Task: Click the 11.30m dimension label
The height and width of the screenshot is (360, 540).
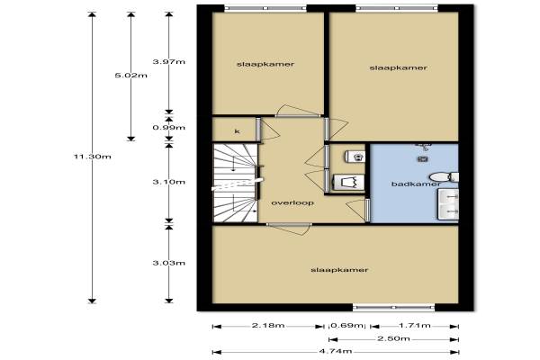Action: pos(93,157)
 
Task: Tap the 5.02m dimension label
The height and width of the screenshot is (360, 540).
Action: pos(130,76)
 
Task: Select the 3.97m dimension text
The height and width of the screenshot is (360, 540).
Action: pos(169,62)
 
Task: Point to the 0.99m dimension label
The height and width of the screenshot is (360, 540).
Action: pos(169,128)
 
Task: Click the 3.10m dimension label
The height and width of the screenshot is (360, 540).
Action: pos(169,182)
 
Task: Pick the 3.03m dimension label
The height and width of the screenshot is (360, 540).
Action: pos(169,263)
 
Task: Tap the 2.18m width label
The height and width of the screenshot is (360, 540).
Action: pos(268,325)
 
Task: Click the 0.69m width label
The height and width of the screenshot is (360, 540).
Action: pos(346,325)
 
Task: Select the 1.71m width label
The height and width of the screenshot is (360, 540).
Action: pos(415,325)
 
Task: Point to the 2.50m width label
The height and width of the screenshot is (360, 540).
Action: pos(393,338)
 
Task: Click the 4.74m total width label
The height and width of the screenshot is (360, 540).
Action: pos(336,351)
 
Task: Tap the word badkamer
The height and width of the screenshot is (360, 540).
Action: pos(416,184)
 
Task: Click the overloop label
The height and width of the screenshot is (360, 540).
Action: pos(292,202)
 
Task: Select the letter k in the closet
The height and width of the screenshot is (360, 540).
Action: pos(237,131)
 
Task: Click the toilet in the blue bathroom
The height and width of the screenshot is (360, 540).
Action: pos(444,177)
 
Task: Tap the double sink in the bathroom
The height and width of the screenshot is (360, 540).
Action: pos(448,204)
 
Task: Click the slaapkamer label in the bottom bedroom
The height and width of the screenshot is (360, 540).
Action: pos(339,270)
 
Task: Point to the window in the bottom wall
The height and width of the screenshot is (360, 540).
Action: pos(393,307)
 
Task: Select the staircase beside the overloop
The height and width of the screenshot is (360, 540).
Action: pos(236,183)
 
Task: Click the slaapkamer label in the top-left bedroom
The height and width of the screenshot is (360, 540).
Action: pos(265,65)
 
